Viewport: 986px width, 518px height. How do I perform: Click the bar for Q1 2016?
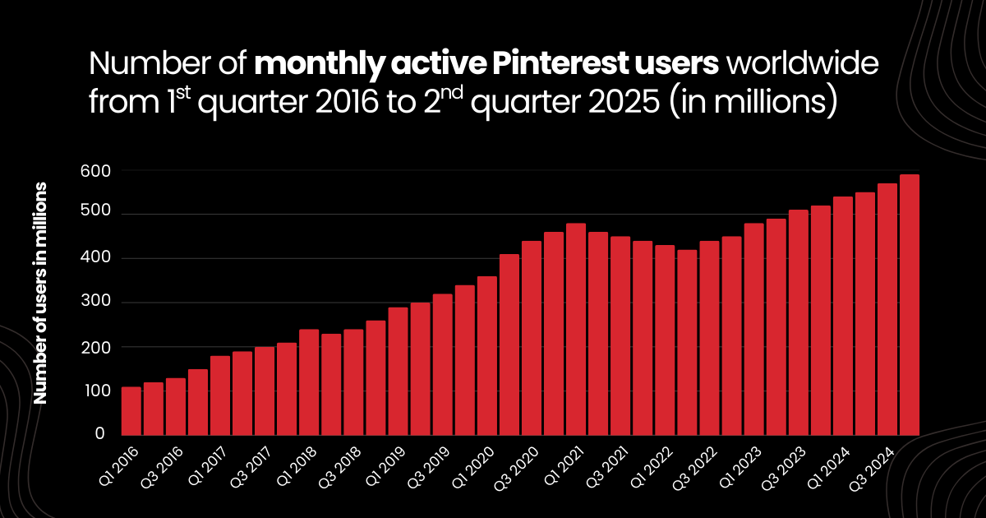(131, 411)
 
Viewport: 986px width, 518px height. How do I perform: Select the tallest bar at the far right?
(910, 305)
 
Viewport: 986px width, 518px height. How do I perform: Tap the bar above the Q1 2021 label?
(576, 330)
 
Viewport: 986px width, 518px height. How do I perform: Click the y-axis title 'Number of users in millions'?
(39, 293)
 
